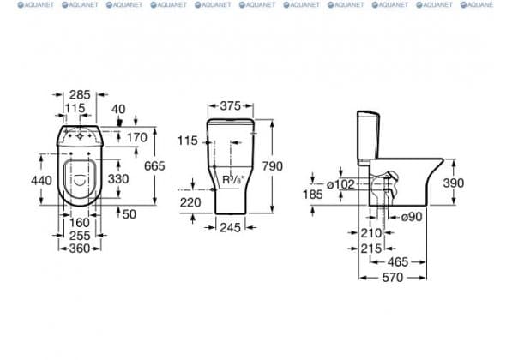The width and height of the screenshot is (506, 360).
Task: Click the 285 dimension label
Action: coord(80,94)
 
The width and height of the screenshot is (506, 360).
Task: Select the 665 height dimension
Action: coord(154,165)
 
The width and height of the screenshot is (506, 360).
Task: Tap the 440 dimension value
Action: coord(41,180)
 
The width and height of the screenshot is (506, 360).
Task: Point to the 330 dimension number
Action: coord(118,178)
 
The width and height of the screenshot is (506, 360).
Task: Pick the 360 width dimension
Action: coord(80,249)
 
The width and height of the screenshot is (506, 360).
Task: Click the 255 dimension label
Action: coord(80,236)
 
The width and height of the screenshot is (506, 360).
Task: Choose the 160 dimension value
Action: coord(80,223)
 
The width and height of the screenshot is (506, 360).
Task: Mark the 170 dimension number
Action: coord(137,137)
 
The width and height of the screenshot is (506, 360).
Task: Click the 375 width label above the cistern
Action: coord(231,105)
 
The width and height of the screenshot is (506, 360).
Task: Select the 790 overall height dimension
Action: coord(273,166)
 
